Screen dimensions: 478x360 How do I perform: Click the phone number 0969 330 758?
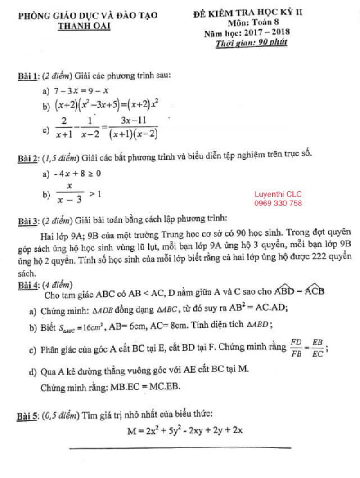278,203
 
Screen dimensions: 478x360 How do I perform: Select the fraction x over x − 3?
70,193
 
